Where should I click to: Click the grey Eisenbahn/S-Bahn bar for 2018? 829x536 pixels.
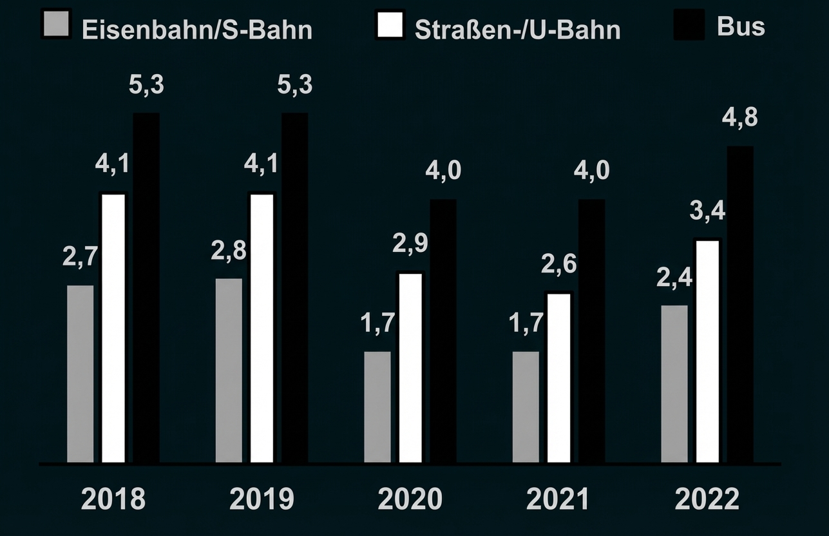coord(80,374)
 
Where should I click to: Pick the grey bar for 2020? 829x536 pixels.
coord(377,407)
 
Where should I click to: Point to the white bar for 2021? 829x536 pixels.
coord(558,378)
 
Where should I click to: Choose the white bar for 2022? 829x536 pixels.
coord(707,351)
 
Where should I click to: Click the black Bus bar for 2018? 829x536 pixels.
coord(146,287)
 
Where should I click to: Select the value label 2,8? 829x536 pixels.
coord(229,251)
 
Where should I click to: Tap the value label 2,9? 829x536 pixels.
coord(410,244)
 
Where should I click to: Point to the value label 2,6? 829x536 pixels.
coord(558,264)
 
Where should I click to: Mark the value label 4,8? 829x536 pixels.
coord(740,119)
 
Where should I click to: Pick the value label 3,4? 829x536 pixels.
coord(707,211)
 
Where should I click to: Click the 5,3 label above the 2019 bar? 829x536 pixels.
coord(295,85)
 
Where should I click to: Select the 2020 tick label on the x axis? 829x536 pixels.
coord(410,500)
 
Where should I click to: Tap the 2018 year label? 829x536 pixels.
coord(113,500)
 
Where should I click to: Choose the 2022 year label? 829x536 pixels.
coord(707,500)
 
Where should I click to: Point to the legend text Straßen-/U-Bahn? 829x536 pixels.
coord(517,30)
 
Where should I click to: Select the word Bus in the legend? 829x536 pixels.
coord(741,26)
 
